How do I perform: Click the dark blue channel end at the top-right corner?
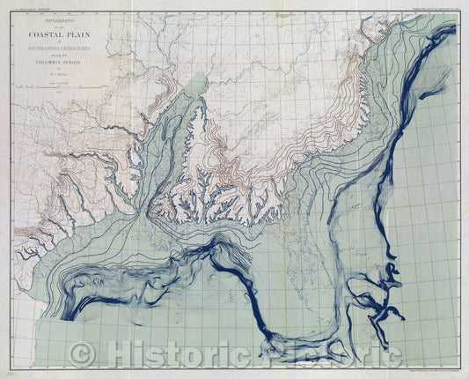coord(451,31)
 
